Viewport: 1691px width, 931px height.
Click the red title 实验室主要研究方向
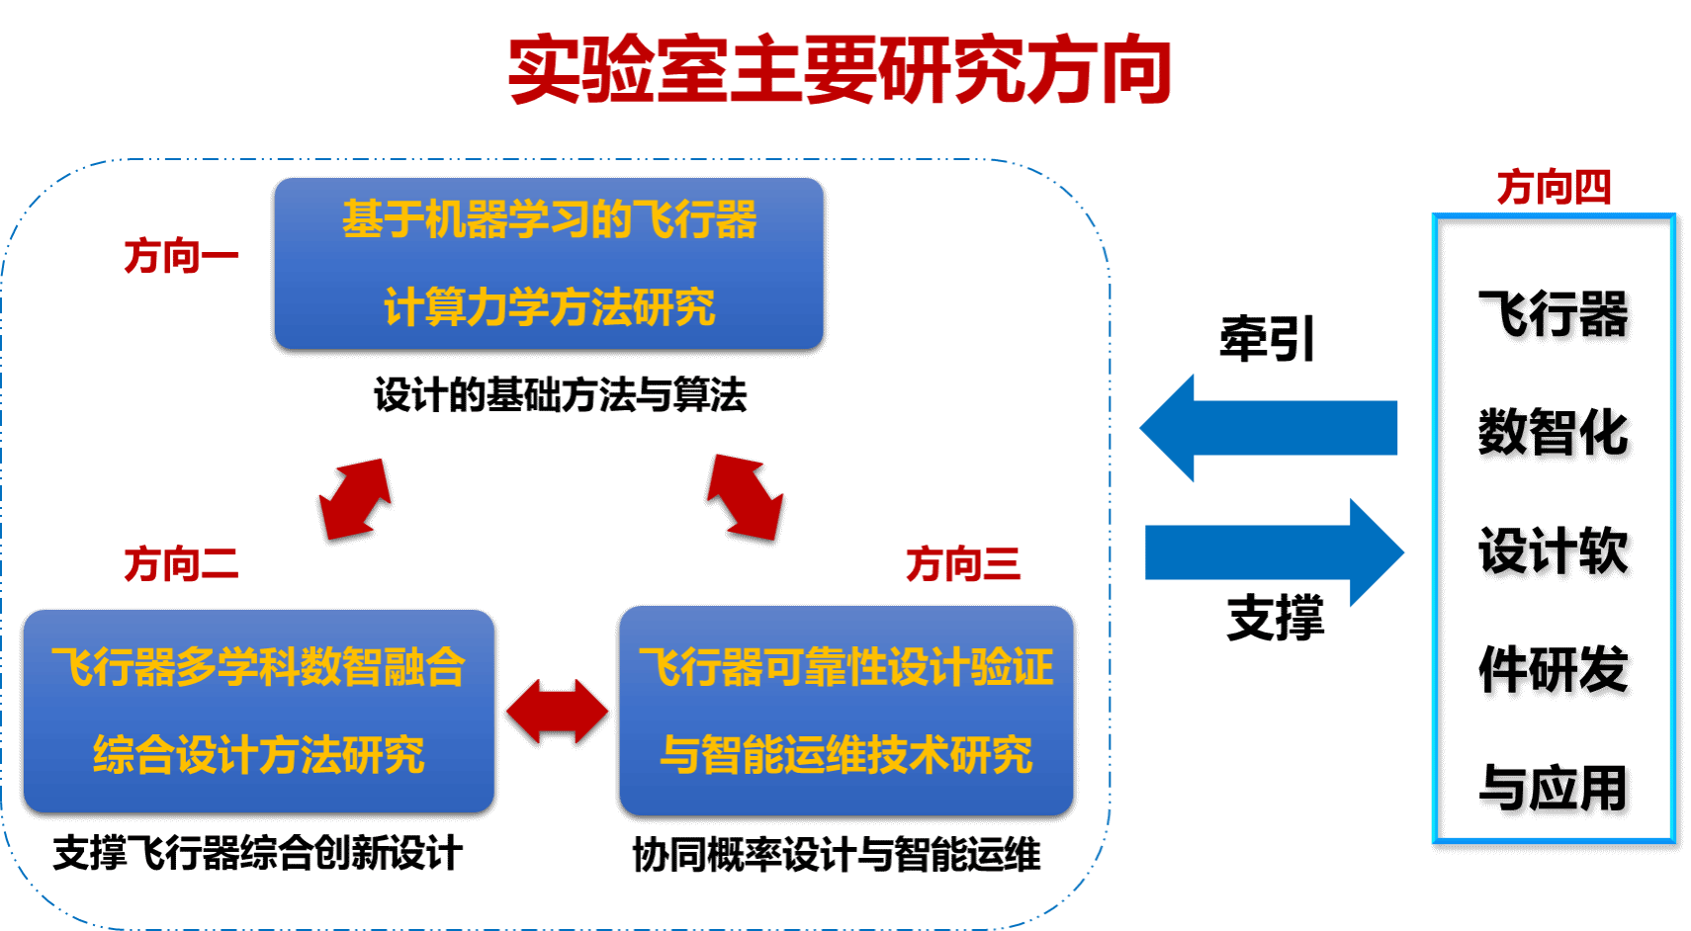pyautogui.click(x=840, y=70)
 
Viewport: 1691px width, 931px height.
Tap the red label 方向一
pyautogui.click(x=181, y=257)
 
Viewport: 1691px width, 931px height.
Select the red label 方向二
pyautogui.click(x=181, y=564)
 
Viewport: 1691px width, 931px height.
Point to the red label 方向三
pyautogui.click(x=962, y=564)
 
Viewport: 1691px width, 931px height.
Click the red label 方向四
pyautogui.click(x=1554, y=187)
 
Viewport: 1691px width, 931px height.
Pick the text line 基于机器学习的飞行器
pyautogui.click(x=549, y=219)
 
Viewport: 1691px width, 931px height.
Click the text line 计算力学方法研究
pyautogui.click(x=549, y=307)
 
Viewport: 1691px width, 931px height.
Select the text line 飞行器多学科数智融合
pyautogui.click(x=258, y=667)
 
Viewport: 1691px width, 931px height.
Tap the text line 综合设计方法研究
pyautogui.click(x=258, y=755)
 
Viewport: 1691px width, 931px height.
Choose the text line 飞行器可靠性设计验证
pyautogui.click(x=845, y=667)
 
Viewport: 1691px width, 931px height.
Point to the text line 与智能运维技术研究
pyautogui.click(x=845, y=755)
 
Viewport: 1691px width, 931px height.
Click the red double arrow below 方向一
pyautogui.click(x=355, y=498)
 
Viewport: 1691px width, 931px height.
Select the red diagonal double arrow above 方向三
pyautogui.click(x=746, y=497)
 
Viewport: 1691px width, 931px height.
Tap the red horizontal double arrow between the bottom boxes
pyautogui.click(x=557, y=711)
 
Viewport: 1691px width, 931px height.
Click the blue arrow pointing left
pyautogui.click(x=1268, y=428)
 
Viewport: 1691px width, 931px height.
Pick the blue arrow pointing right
pyautogui.click(x=1275, y=552)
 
